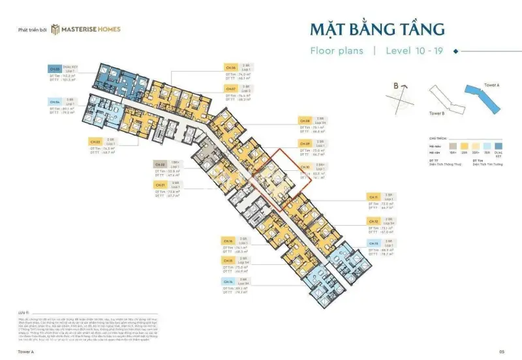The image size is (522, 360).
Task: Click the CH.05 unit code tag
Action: (x=55, y=68)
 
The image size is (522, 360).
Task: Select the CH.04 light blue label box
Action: (x=55, y=102)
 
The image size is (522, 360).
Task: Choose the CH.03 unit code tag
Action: (x=95, y=140)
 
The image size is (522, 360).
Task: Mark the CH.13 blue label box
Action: (x=373, y=243)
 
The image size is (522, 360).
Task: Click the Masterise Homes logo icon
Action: (x=57, y=29)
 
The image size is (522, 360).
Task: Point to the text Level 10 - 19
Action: (x=414, y=50)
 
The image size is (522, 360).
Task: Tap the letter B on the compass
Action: (x=395, y=85)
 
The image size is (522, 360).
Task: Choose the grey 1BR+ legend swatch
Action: (x=450, y=146)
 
